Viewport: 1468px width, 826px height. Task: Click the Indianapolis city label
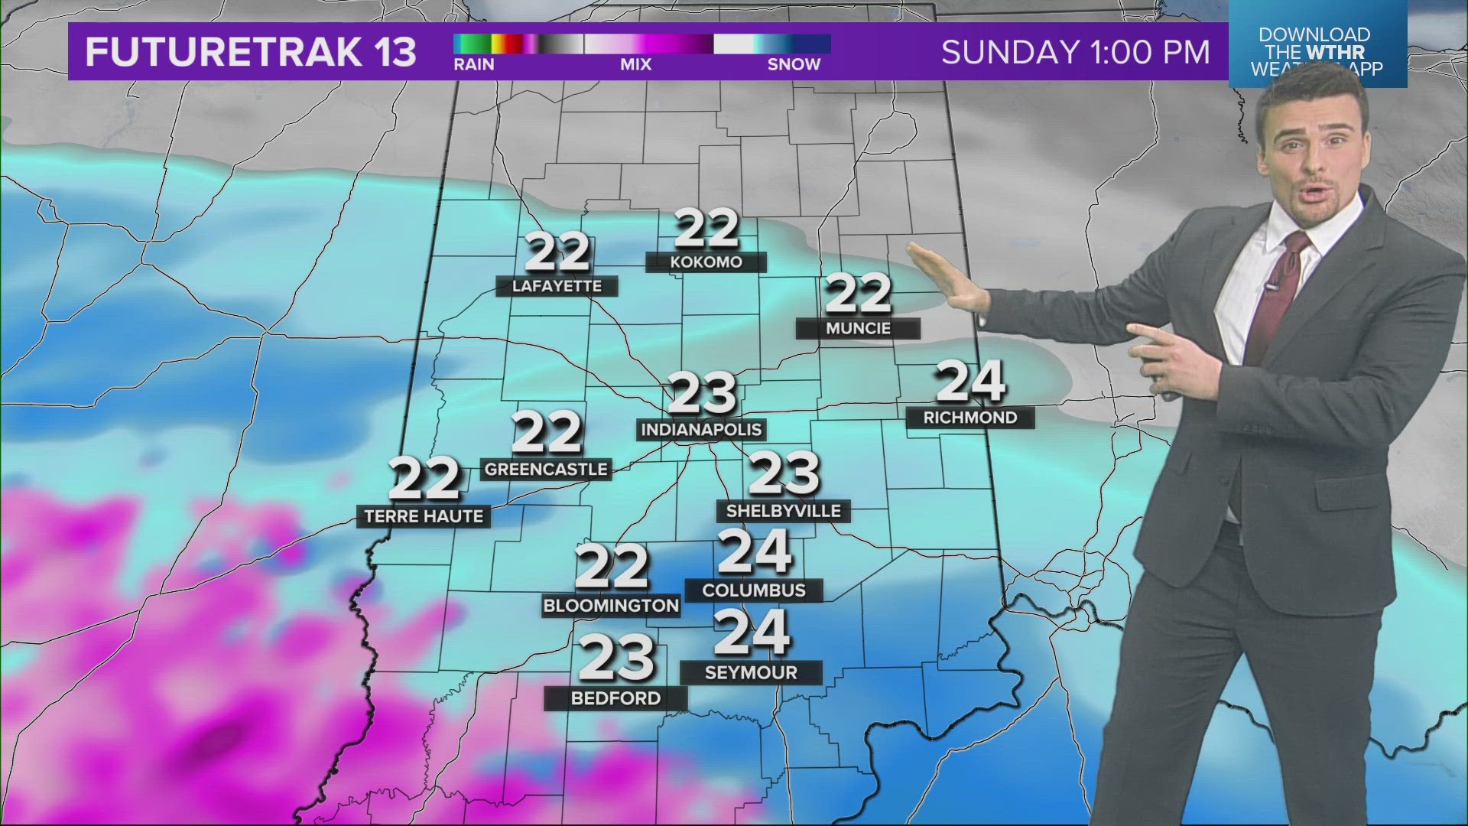701,430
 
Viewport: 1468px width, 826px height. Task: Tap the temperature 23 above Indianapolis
702,394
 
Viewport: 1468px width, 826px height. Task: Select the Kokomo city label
706,262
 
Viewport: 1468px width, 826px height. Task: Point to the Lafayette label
557,287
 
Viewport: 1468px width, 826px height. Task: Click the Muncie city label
858,329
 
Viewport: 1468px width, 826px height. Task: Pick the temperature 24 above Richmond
969,382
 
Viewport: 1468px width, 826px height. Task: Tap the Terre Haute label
424,517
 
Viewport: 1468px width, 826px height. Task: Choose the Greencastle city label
546,470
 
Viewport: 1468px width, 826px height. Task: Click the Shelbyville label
783,511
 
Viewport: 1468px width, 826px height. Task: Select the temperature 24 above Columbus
754,551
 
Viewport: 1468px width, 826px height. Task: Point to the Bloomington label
611,606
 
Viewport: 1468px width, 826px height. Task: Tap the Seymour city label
751,673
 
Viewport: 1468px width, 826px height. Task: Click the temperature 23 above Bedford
616,659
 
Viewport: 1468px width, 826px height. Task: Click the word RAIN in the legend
474,65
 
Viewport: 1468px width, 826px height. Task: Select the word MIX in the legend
635,65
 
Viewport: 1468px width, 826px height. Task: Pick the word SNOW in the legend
794,65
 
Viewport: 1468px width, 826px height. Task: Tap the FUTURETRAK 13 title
251,52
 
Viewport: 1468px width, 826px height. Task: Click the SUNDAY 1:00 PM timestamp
1076,52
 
